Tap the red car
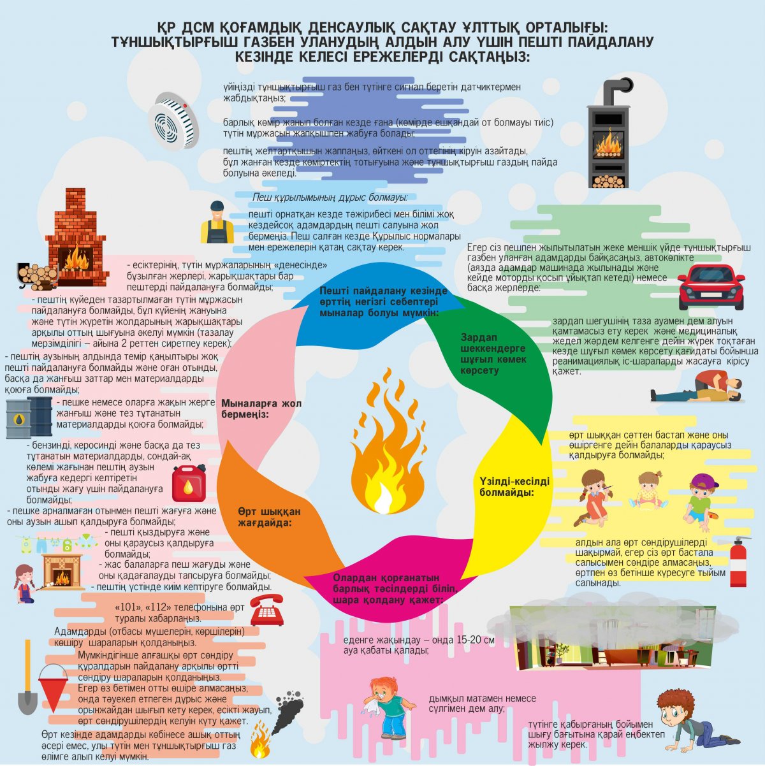(x=711, y=287)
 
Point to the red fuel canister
(x=189, y=483)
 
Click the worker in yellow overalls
(x=217, y=222)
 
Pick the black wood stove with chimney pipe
(x=609, y=133)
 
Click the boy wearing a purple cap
(x=700, y=502)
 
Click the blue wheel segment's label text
(x=383, y=301)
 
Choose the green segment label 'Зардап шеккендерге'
(x=493, y=343)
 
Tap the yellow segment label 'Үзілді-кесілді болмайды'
(x=514, y=487)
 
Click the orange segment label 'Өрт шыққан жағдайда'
(x=269, y=517)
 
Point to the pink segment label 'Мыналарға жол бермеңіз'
(x=261, y=409)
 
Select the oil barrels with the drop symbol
(x=29, y=417)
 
